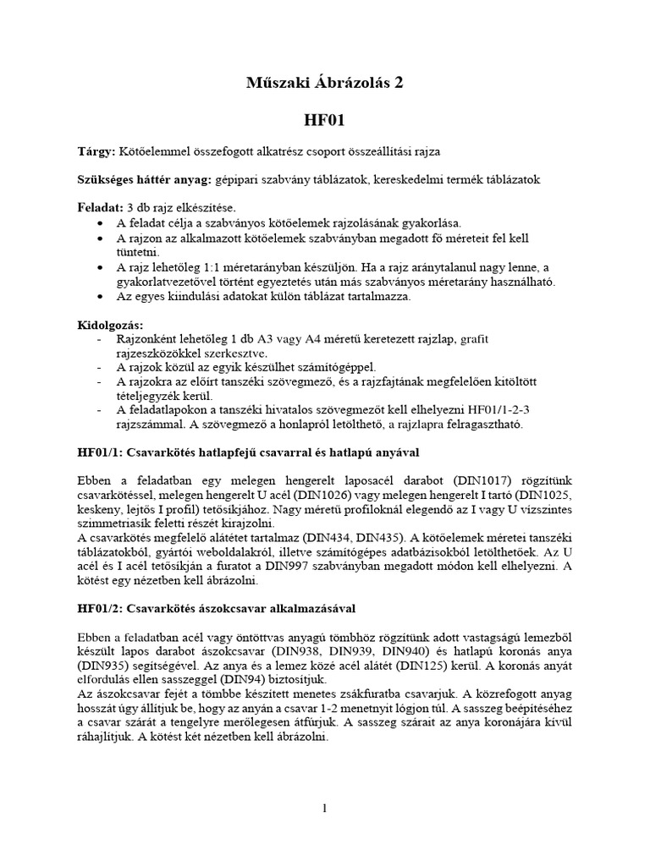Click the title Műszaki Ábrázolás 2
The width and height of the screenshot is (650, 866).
[x=324, y=82]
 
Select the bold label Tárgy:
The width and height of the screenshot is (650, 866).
[x=98, y=151]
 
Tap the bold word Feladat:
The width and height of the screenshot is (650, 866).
[x=100, y=208]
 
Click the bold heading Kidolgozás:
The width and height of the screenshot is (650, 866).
[x=109, y=325]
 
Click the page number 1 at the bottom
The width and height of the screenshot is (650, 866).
[x=324, y=808]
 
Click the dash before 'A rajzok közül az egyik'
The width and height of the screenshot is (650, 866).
[x=101, y=368]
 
